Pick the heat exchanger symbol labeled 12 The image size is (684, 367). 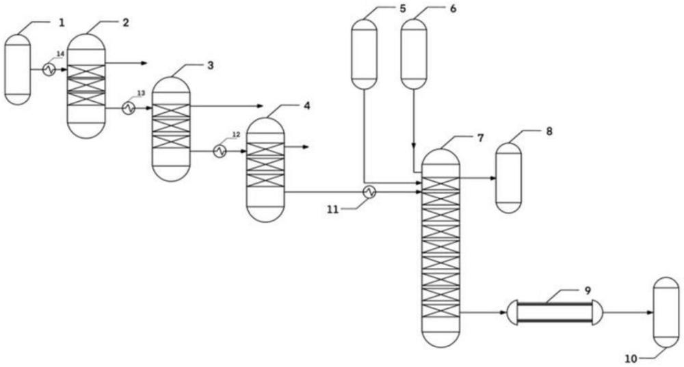[220, 151]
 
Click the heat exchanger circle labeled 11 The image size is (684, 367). [369, 193]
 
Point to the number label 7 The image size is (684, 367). [481, 138]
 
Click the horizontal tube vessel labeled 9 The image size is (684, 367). [555, 313]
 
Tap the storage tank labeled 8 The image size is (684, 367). [508, 178]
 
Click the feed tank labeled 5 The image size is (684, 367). [364, 53]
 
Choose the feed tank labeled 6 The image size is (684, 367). [413, 53]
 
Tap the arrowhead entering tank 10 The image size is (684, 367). [649, 313]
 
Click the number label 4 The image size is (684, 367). [306, 106]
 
